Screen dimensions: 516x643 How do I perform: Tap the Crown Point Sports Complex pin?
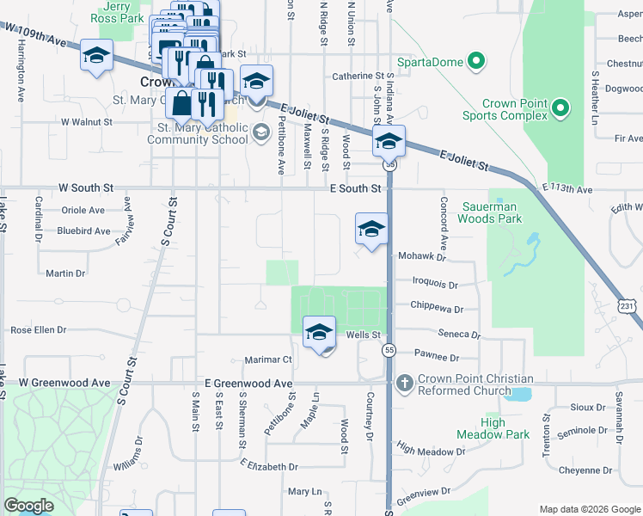[x=560, y=108]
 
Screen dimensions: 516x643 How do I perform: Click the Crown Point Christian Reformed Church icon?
[x=403, y=383]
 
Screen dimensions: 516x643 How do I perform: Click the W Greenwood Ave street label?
[x=65, y=382]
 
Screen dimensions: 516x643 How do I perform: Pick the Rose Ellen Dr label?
[x=38, y=330]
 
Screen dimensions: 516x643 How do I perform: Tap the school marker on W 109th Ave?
[x=96, y=57]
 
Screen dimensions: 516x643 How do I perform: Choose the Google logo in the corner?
[x=29, y=505]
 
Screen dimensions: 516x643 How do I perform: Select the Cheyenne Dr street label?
[x=585, y=470]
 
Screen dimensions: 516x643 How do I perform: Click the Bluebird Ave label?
[x=83, y=230]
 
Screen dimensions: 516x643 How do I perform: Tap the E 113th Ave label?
[x=566, y=188]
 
